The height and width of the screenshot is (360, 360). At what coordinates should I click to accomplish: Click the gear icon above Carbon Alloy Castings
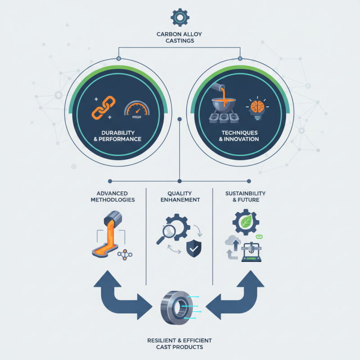click(x=180, y=18)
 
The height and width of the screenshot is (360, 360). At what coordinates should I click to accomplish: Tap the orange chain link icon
click(x=103, y=108)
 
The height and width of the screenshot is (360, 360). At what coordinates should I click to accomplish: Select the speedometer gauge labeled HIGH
click(x=137, y=109)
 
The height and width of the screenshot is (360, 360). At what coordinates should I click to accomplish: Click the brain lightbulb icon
click(x=257, y=108)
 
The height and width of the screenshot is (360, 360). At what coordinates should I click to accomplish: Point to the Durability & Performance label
click(x=117, y=136)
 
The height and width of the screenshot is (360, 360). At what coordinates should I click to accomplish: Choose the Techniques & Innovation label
click(x=239, y=136)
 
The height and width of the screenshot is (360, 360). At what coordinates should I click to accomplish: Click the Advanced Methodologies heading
click(x=112, y=197)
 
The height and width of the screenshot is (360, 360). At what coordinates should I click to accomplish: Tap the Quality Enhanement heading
click(x=180, y=197)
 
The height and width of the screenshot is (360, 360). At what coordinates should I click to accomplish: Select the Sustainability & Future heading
click(x=245, y=197)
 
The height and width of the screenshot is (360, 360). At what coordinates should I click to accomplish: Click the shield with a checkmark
click(x=194, y=248)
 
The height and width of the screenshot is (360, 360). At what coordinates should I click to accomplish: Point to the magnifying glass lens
click(x=169, y=230)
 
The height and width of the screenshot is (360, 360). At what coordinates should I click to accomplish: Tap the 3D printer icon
click(x=252, y=252)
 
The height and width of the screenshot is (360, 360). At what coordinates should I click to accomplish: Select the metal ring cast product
click(x=176, y=308)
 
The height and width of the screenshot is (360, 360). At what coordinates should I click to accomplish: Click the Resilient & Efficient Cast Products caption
click(x=180, y=344)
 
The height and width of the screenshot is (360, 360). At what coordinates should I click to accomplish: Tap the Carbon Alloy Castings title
click(x=180, y=37)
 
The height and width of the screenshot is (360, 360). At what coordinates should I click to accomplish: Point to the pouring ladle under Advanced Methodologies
click(x=113, y=218)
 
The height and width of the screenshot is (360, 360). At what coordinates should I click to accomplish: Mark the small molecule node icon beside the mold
click(x=125, y=255)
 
